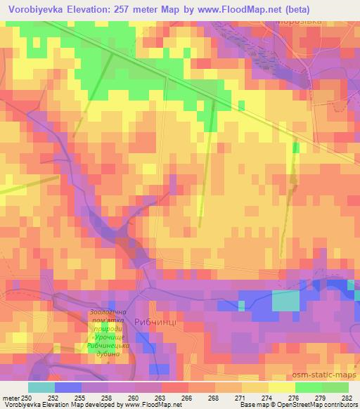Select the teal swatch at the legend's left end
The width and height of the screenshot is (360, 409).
point(41,387)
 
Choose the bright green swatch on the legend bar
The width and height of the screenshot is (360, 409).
point(308,387)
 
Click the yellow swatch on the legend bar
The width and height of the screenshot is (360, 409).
point(281,387)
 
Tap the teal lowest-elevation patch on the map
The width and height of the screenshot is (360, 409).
point(285,301)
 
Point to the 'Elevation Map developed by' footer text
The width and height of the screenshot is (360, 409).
point(77,405)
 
